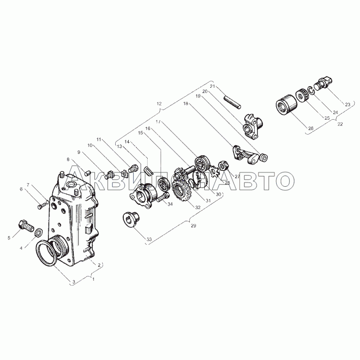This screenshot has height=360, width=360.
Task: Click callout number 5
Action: coord(9,238)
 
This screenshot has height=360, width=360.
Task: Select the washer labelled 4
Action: coord(38,232)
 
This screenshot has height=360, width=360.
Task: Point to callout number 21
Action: coord(212,86)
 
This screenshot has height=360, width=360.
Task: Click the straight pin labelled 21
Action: coord(232,102)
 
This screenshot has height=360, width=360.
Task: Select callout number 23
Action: coord(347,104)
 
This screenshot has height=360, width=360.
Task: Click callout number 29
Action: coord(193,225)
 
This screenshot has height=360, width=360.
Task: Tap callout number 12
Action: coord(159,103)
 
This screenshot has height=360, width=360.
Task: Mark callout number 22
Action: coord(340,124)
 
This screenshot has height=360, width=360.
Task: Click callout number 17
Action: coord(158,122)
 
